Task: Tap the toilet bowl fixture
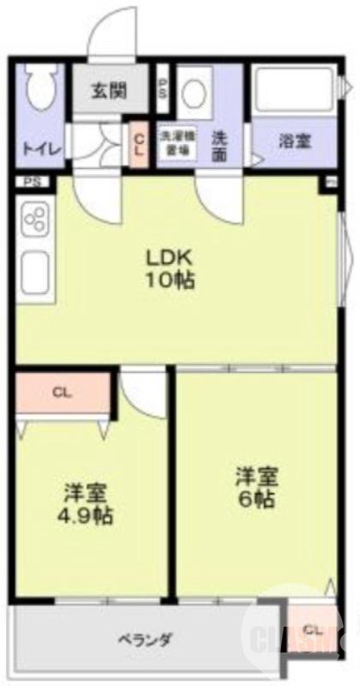point(40,93)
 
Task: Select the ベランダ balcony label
point(145,639)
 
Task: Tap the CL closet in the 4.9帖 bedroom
point(61,394)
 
